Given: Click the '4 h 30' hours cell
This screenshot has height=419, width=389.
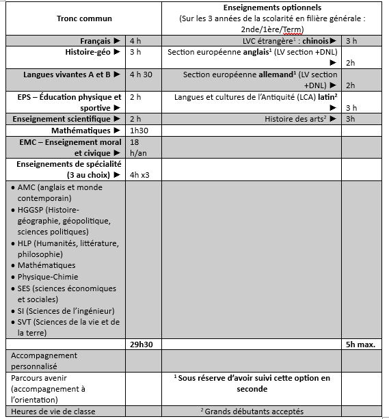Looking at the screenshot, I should click(139, 75).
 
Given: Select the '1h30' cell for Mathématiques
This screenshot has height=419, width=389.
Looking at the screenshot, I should click(139, 131).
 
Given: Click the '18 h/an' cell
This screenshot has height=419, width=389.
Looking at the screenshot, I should click(139, 148).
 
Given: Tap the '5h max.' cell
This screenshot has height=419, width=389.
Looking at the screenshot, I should click(360, 344).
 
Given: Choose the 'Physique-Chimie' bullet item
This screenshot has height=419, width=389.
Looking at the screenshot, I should click(48, 277).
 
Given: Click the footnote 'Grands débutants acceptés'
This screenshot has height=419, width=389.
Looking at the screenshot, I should click(252, 411).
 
